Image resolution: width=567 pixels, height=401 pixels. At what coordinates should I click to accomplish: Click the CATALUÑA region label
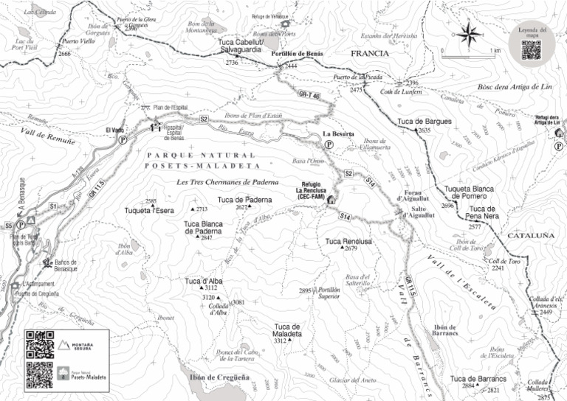tap(529, 235)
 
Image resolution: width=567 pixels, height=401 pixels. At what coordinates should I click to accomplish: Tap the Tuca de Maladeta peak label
tap(288, 329)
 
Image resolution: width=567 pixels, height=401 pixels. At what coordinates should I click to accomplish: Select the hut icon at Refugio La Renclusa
tap(331, 199)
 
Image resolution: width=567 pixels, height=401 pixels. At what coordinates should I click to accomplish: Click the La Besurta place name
tap(340, 134)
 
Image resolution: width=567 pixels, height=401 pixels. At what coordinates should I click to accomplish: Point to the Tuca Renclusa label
tap(348, 241)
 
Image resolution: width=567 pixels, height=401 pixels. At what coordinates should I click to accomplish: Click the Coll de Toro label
tap(506, 261)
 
